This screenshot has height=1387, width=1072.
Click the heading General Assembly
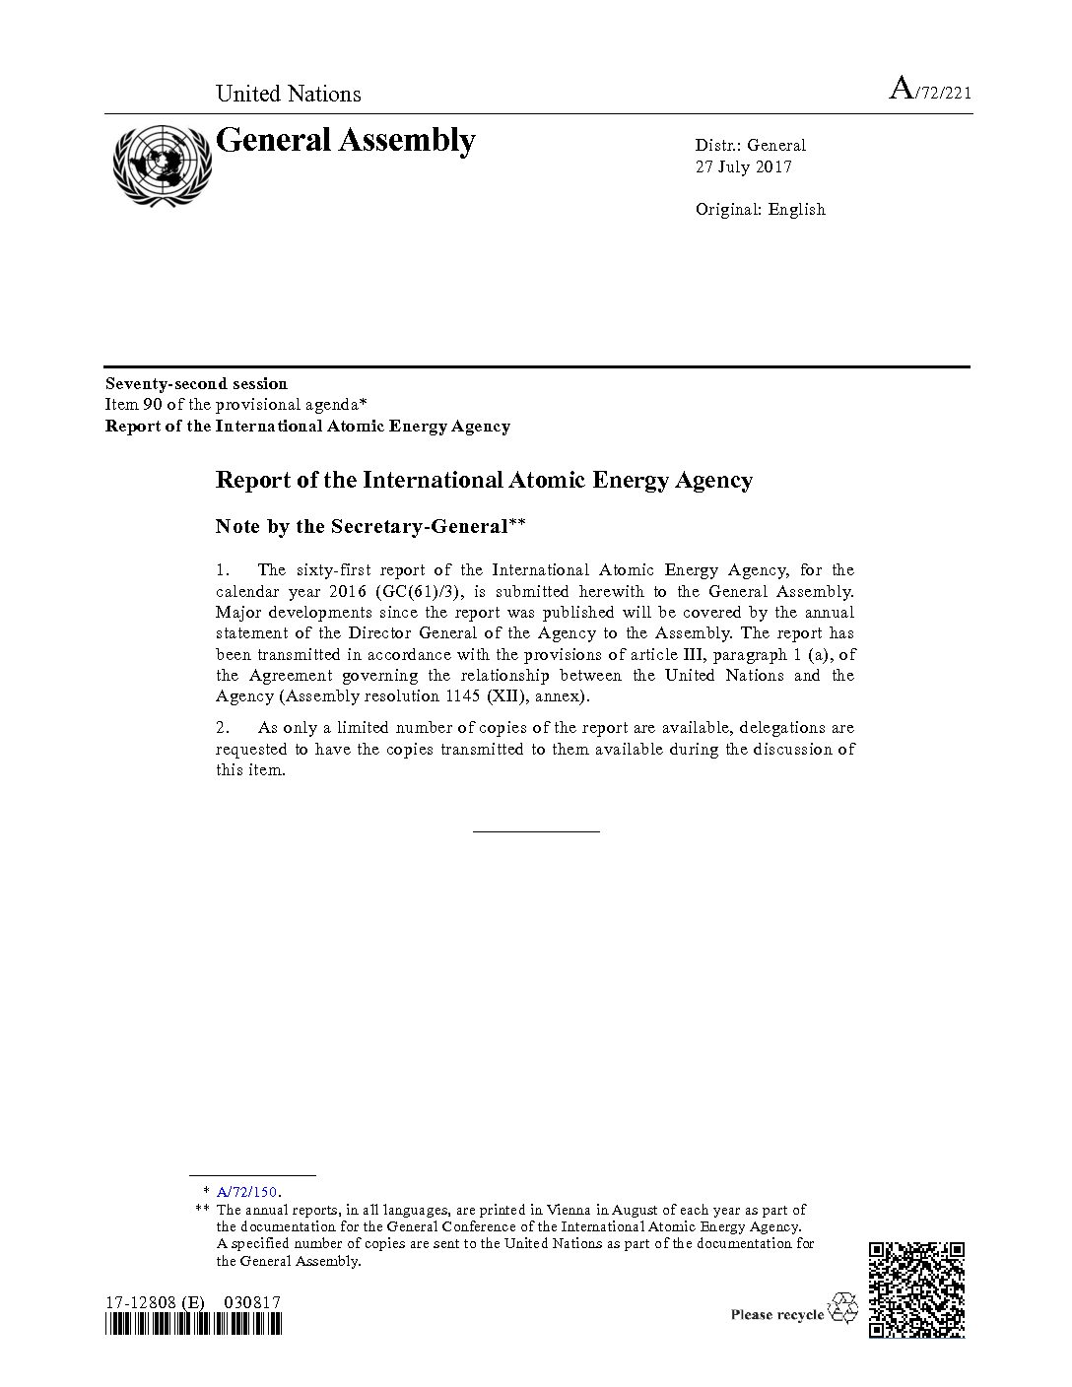(x=345, y=141)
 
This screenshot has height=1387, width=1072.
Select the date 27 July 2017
(x=743, y=166)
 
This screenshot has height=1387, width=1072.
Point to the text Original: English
(x=760, y=209)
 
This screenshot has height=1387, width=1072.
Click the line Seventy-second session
(x=196, y=383)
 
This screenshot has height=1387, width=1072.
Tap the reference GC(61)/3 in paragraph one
(x=427, y=591)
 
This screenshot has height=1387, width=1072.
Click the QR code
(x=916, y=1289)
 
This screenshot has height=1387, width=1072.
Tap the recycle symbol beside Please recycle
(x=843, y=1309)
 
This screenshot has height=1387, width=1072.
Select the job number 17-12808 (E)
(x=156, y=1302)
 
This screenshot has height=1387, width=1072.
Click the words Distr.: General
(x=750, y=145)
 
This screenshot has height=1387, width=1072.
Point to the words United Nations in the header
(x=288, y=94)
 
